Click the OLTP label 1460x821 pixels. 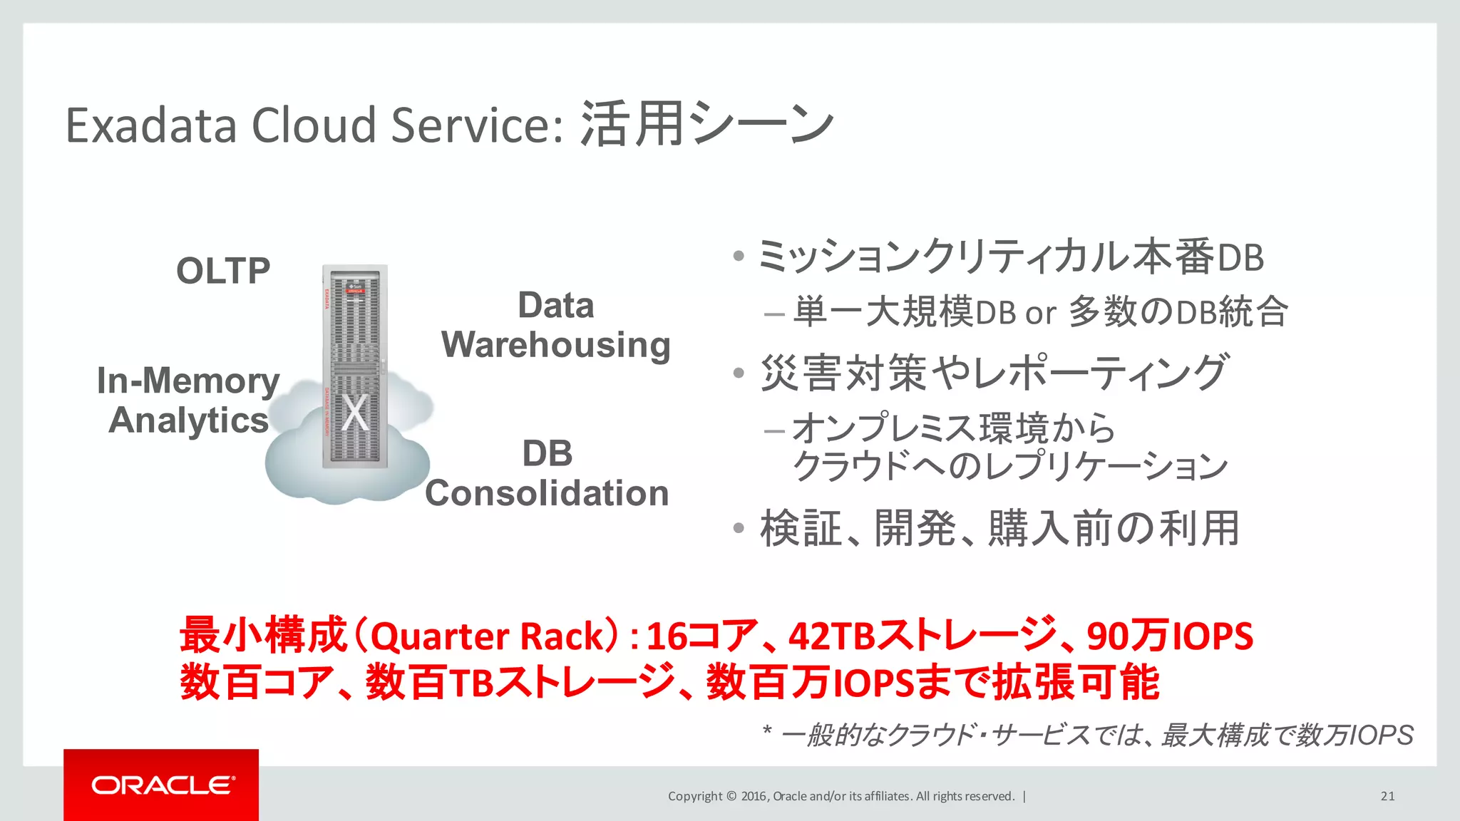[x=223, y=272]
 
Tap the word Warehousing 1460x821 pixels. [x=555, y=346]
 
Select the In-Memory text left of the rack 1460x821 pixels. [x=188, y=381]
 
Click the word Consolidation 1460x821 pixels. [x=547, y=493]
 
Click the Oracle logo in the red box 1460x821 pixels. [x=162, y=785]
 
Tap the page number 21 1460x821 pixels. [x=1387, y=796]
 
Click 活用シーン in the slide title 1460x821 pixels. [x=706, y=124]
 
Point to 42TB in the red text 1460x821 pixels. [x=831, y=636]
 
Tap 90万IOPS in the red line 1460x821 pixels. [x=1169, y=636]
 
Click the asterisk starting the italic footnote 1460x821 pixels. [x=767, y=731]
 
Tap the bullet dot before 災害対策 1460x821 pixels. [x=739, y=373]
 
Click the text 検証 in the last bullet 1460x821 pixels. [x=801, y=529]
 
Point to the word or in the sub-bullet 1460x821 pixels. [x=1040, y=313]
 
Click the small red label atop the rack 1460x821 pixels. [x=354, y=291]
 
